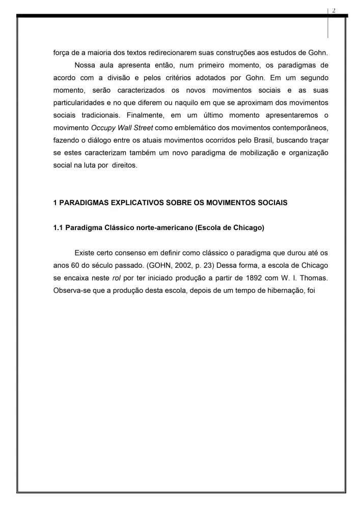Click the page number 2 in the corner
click(334, 11)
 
